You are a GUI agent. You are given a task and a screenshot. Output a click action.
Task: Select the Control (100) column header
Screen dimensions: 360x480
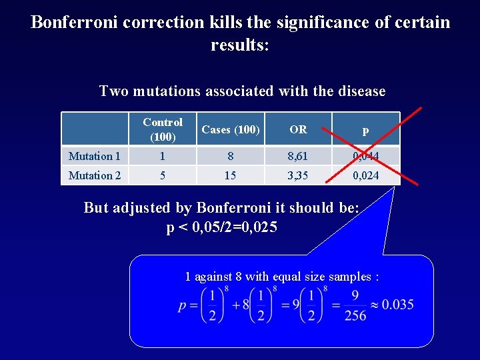coord(163,129)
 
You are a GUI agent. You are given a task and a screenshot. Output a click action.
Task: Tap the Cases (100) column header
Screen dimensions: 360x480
coord(230,129)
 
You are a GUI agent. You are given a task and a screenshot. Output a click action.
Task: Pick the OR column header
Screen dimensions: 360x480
coord(299,129)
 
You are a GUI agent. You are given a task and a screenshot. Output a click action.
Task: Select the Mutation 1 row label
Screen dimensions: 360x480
coord(94,156)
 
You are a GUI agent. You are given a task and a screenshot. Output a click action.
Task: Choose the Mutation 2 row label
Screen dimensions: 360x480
coord(94,175)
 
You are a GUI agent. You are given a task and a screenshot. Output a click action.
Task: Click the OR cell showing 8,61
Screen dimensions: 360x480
coord(299,156)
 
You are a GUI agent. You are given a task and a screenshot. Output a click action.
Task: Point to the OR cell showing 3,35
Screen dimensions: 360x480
coord(299,175)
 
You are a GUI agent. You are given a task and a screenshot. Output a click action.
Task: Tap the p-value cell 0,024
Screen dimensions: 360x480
coord(365,175)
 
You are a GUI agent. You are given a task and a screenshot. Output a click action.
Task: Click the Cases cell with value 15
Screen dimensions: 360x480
coord(230,175)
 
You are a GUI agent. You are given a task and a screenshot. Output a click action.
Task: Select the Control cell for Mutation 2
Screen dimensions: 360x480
coord(162,175)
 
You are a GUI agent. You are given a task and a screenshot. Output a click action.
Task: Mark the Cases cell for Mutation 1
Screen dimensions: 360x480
coord(230,156)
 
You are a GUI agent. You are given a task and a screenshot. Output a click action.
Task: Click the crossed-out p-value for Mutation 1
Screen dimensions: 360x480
coord(365,156)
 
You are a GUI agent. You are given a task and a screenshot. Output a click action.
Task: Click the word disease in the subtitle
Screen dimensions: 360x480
coord(361,91)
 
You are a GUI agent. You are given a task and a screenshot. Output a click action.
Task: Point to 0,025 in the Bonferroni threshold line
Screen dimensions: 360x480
coord(253,227)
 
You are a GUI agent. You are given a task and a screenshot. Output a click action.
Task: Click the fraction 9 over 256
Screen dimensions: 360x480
coord(355,305)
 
